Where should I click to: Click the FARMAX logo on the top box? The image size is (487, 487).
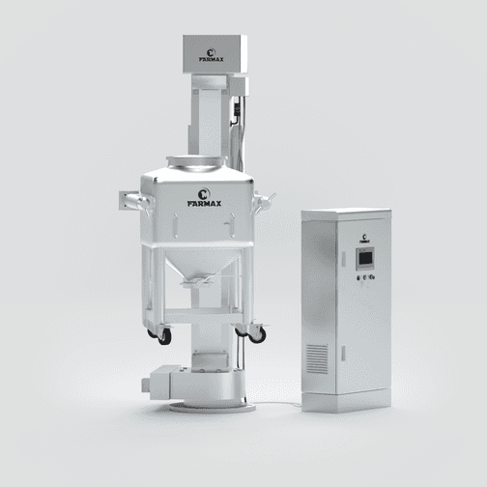coord(211,55)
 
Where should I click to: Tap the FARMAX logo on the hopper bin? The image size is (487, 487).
coord(204,198)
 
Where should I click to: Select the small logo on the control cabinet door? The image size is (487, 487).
coord(364,239)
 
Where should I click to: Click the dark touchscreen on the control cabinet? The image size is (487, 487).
coord(365,258)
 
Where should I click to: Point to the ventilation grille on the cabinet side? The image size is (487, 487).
coord(317,358)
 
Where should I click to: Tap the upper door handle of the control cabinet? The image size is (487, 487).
coord(343,259)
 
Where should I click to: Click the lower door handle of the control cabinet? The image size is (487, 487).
coord(343,353)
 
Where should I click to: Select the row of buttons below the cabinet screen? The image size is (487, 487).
coord(365,277)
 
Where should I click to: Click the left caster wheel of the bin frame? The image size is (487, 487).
coord(164,336)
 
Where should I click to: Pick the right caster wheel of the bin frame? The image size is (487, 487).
coord(258,335)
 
